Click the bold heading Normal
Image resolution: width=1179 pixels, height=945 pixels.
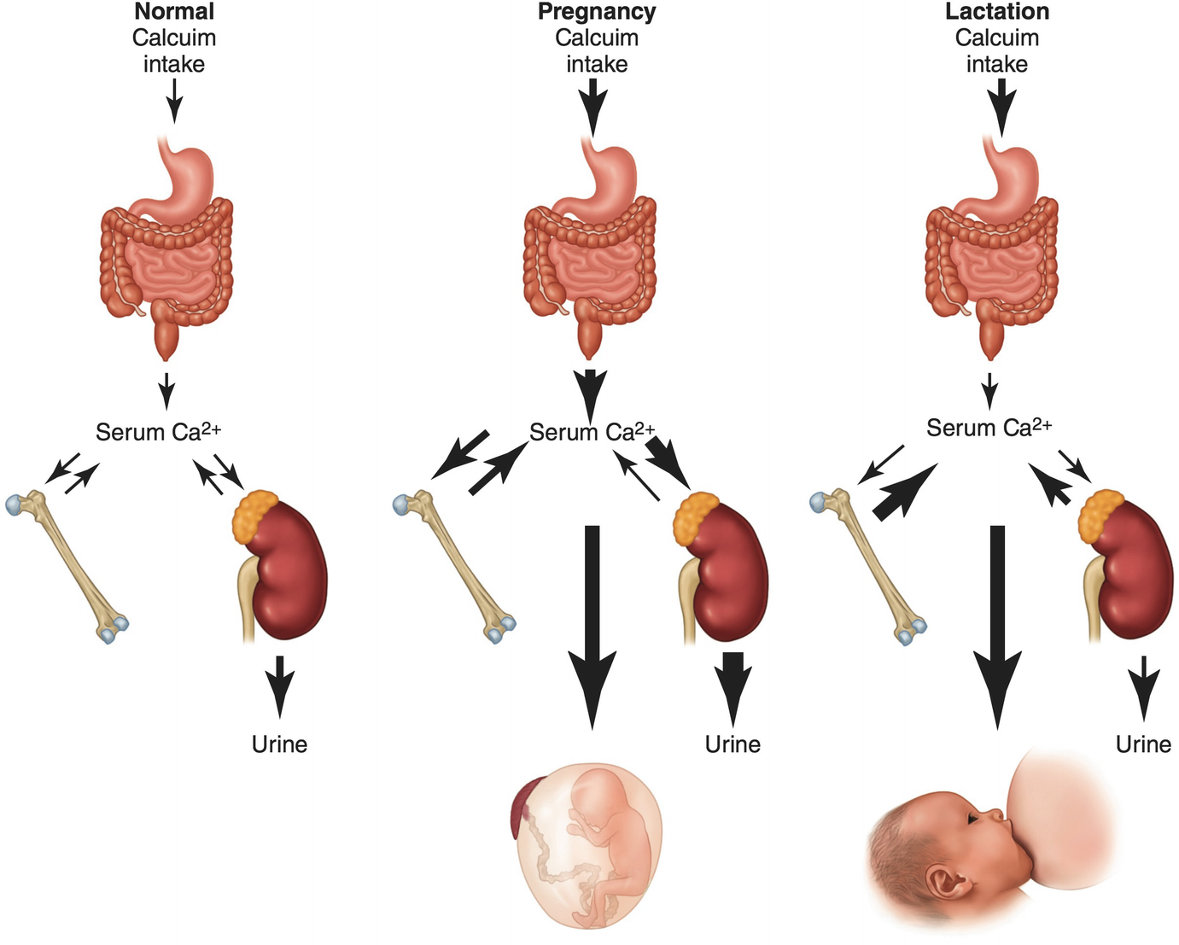(x=174, y=12)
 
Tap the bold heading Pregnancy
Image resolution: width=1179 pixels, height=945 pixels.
(x=597, y=12)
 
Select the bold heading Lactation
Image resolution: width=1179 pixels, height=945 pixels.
(x=997, y=12)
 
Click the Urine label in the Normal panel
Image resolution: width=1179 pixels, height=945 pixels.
(x=279, y=744)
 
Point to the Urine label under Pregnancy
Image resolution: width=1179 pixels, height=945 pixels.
(x=732, y=744)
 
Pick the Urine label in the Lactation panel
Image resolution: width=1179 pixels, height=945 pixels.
(x=1143, y=744)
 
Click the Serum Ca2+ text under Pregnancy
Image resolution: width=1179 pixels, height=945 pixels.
(x=592, y=432)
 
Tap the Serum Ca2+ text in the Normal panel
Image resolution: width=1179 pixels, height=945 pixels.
(x=158, y=432)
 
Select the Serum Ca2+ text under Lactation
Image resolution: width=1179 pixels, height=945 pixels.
(x=989, y=428)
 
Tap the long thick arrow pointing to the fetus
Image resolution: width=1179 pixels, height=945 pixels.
(x=592, y=623)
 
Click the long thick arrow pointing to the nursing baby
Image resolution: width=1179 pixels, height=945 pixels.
(x=996, y=623)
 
